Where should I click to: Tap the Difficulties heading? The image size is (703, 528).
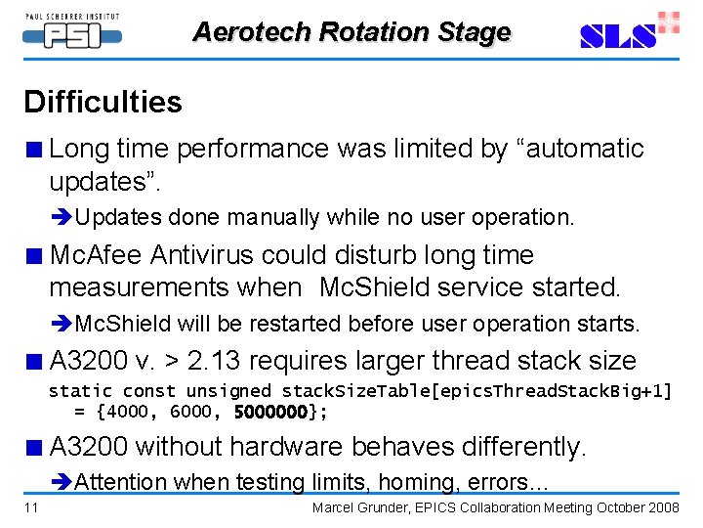pyautogui.click(x=103, y=102)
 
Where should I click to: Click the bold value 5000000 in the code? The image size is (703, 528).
pyautogui.click(x=270, y=412)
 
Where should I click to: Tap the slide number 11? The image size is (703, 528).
pyautogui.click(x=32, y=507)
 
